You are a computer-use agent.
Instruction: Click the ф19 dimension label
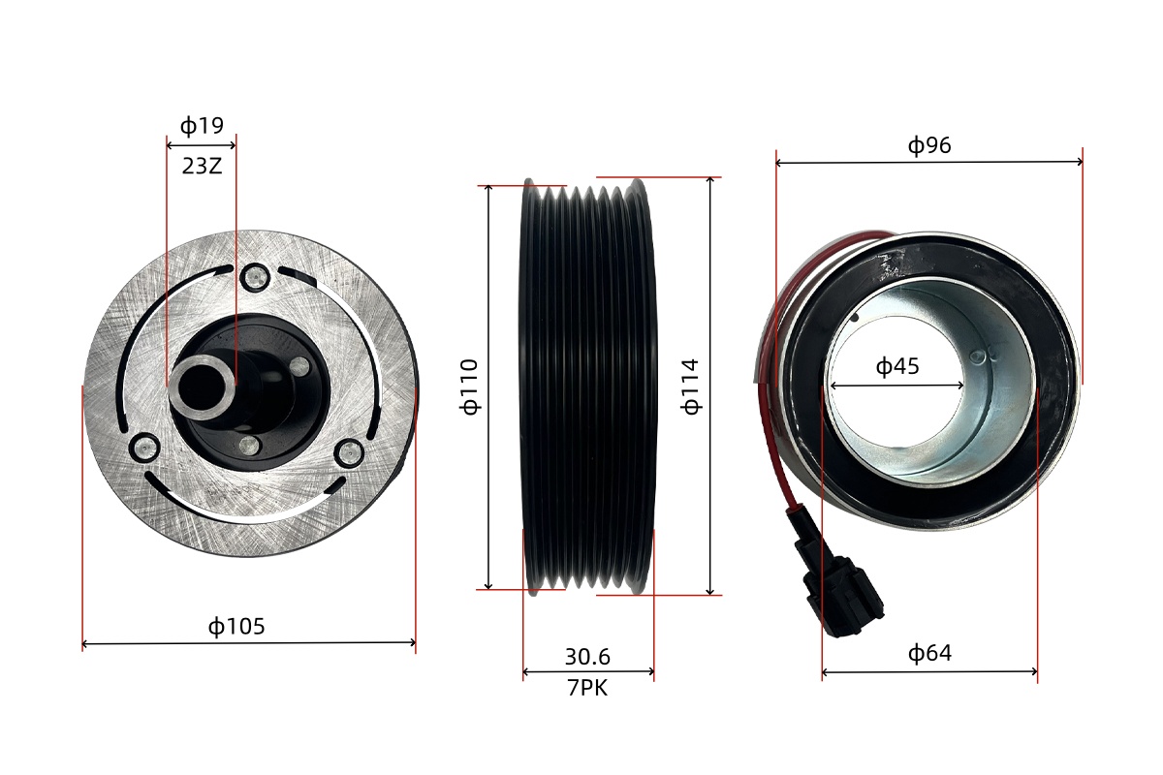click(202, 126)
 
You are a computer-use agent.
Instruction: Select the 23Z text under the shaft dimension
click(202, 166)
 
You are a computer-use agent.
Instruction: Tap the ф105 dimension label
click(236, 627)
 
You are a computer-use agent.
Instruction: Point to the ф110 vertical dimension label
click(469, 387)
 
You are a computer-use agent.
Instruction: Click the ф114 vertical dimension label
click(690, 387)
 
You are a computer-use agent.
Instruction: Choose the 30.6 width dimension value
click(587, 657)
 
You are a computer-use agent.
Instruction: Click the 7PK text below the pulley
click(587, 688)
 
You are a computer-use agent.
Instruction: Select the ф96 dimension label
click(929, 145)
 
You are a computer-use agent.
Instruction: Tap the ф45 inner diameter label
click(897, 366)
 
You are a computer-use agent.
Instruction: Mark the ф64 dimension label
click(929, 653)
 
